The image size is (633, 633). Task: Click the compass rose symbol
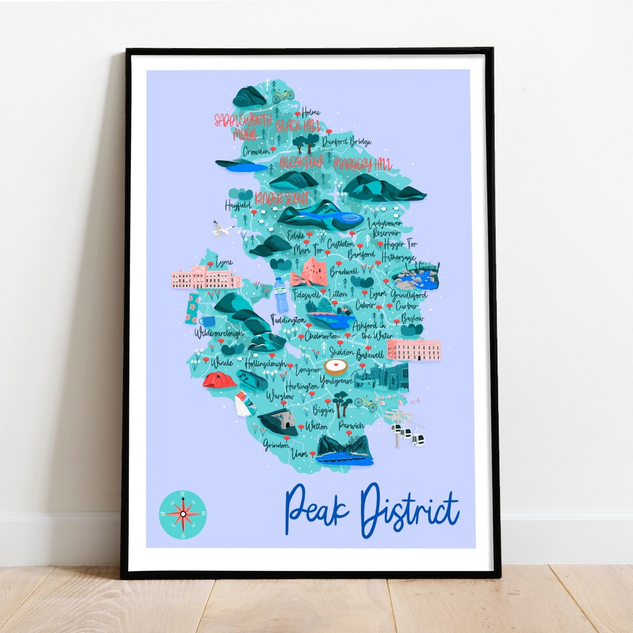(x=183, y=514)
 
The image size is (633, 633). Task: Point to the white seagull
(x=222, y=229)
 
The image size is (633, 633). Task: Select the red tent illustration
(x=219, y=380)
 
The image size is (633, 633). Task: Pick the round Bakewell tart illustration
(x=336, y=367)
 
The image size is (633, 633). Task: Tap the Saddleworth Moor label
(x=243, y=127)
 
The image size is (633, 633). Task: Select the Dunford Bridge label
(x=346, y=141)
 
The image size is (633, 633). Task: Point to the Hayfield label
(x=239, y=206)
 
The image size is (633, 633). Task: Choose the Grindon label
(x=276, y=444)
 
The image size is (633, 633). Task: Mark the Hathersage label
(x=399, y=257)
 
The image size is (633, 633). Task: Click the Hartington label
(x=302, y=386)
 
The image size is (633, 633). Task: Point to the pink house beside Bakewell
(x=413, y=349)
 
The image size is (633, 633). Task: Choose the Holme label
(x=311, y=112)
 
